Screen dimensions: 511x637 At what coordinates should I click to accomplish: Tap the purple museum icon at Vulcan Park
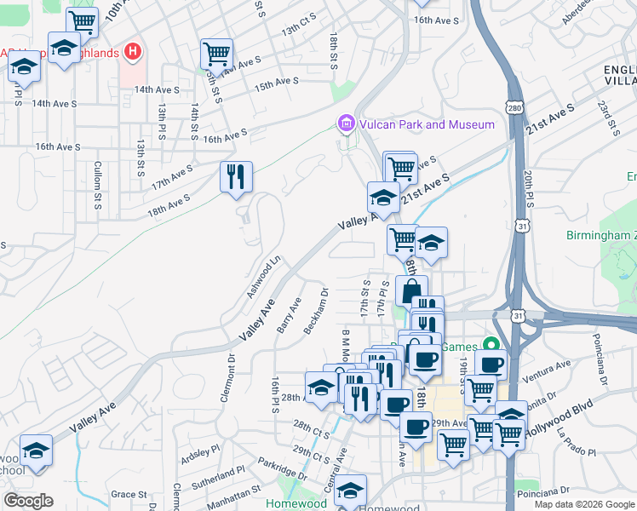click(346, 124)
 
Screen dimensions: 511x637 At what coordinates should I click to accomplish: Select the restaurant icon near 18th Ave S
click(234, 176)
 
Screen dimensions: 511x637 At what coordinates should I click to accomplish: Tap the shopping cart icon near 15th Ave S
click(216, 55)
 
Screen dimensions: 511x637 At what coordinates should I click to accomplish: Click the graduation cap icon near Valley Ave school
click(36, 449)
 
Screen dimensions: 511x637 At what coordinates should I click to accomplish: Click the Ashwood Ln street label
click(263, 278)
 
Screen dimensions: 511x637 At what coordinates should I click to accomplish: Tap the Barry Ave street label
click(289, 315)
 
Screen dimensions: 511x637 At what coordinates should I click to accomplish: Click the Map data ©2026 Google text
click(583, 503)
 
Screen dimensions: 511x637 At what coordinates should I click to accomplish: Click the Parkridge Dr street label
click(284, 470)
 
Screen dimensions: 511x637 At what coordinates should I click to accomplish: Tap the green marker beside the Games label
click(490, 346)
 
